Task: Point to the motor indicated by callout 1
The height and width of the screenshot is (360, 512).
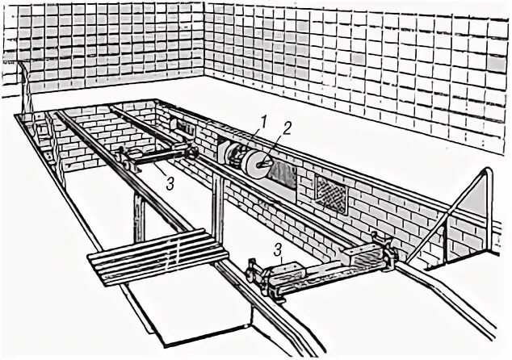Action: [234, 155]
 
